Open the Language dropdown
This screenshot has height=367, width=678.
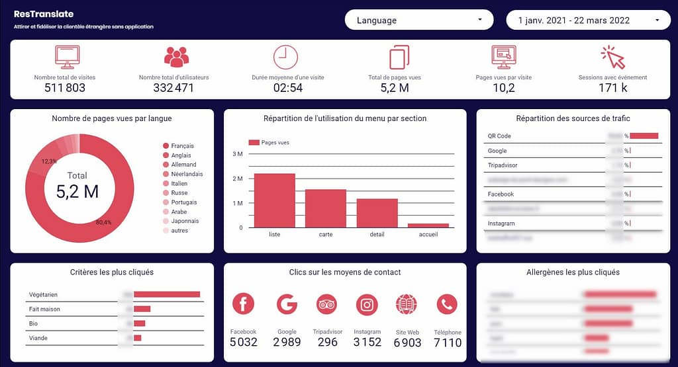(x=418, y=20)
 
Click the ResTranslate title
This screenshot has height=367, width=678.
(x=44, y=14)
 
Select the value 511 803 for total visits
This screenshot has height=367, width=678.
(x=65, y=87)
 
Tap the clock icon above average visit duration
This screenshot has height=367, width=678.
(x=285, y=57)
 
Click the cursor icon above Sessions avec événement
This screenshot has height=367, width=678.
(x=612, y=58)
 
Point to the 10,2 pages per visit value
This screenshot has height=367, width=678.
(x=504, y=87)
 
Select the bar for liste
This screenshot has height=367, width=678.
(x=274, y=200)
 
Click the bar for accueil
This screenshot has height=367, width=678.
(x=428, y=225)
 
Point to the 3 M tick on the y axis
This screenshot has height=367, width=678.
(x=237, y=154)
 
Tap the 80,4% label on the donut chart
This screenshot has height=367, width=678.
(x=103, y=222)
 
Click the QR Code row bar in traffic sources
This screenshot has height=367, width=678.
(x=644, y=136)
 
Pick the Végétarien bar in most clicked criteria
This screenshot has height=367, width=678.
(x=167, y=294)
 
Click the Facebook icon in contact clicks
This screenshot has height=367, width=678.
(x=243, y=304)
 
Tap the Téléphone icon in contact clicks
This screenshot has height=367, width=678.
(x=447, y=304)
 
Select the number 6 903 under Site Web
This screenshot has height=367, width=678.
(x=407, y=342)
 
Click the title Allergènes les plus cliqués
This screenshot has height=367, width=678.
(x=573, y=272)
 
